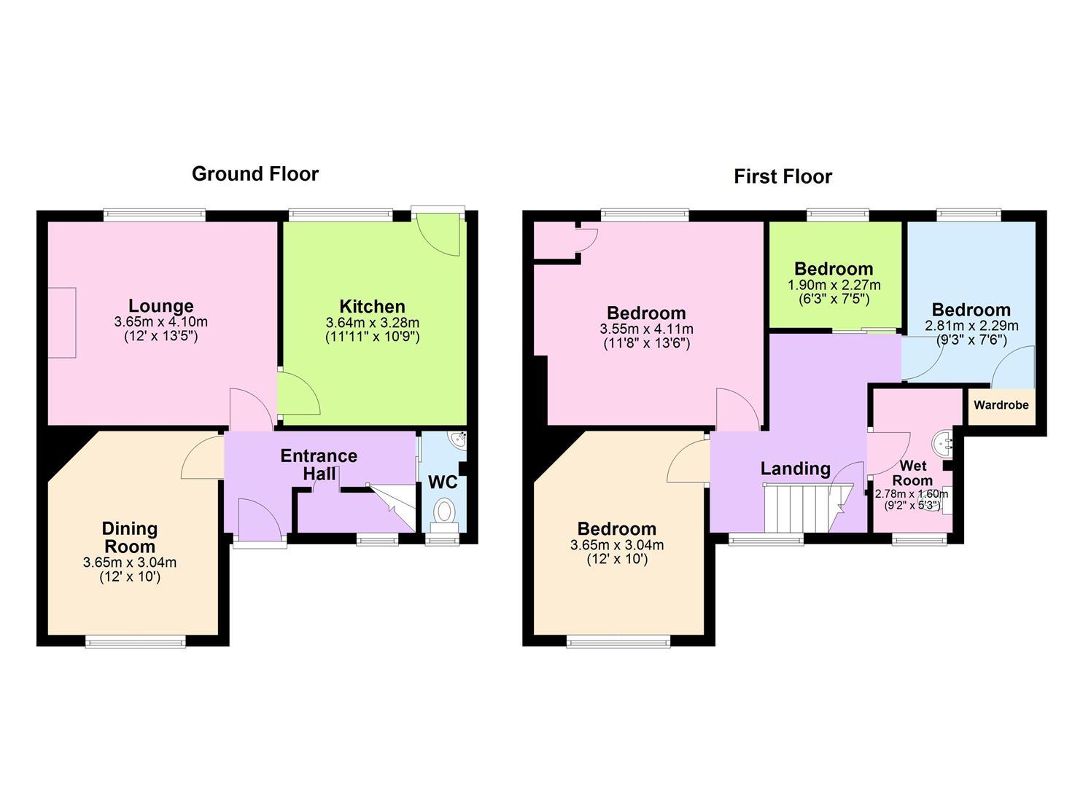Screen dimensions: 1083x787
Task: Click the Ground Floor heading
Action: [255, 174]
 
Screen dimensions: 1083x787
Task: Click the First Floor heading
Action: [783, 176]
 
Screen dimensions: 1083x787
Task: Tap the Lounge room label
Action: [161, 306]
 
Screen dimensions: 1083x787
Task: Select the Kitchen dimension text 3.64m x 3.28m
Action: [372, 322]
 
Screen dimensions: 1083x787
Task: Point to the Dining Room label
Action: [130, 537]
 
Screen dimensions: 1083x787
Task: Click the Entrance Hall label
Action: [319, 465]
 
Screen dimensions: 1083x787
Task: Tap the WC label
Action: [443, 482]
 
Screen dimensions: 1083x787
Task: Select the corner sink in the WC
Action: [458, 439]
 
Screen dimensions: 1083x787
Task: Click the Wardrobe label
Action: [1001, 405]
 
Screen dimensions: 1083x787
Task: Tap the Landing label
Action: [796, 469]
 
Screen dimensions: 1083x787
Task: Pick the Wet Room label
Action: [912, 473]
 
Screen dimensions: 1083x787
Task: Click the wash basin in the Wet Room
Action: [942, 442]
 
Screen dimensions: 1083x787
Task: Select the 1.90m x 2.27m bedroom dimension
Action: [834, 285]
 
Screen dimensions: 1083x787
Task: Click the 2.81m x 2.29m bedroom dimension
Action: [972, 326]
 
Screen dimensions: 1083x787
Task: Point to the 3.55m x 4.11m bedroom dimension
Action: [646, 329]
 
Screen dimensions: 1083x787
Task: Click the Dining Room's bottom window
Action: [136, 641]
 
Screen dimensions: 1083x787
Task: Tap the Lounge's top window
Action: [154, 215]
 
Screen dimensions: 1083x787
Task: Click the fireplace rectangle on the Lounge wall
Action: [62, 323]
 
